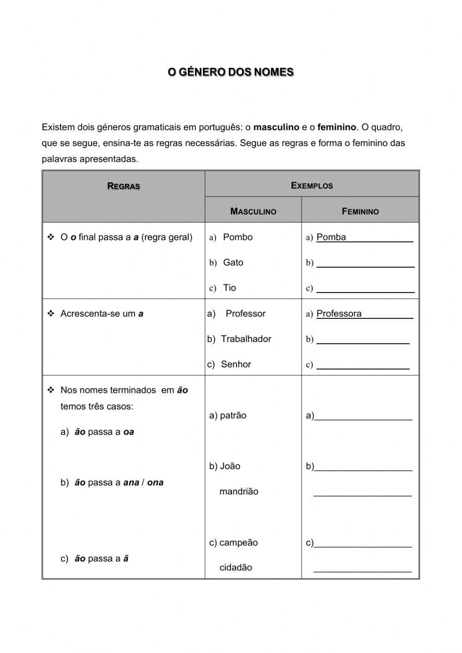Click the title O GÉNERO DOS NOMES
(x=231, y=72)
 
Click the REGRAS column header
(x=123, y=186)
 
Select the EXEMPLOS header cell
(x=312, y=185)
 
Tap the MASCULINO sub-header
(x=253, y=211)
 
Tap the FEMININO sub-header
(x=360, y=211)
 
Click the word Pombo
(x=237, y=237)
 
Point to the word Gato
(x=233, y=262)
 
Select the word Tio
(x=229, y=288)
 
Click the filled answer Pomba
(x=331, y=237)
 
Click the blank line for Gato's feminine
(x=365, y=263)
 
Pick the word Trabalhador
(x=246, y=339)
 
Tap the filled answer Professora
(x=339, y=313)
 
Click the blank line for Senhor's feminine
(x=363, y=366)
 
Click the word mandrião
(x=238, y=492)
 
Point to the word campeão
(x=238, y=543)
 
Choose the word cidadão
(x=236, y=568)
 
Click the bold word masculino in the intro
(x=276, y=127)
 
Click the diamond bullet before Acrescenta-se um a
(x=51, y=314)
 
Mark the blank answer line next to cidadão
(x=362, y=569)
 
